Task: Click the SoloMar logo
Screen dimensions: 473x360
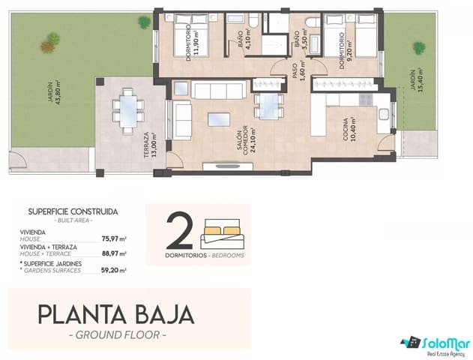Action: tap(436, 346)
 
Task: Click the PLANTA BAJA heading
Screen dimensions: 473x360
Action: tap(116, 315)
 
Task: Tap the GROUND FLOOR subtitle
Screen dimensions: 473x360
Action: tap(118, 334)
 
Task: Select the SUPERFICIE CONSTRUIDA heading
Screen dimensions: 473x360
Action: tap(73, 211)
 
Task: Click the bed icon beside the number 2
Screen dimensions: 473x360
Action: tap(223, 234)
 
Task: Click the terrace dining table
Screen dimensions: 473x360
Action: tap(128, 111)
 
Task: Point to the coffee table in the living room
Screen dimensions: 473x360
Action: tap(219, 119)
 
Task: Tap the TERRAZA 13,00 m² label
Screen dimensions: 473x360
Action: tap(150, 145)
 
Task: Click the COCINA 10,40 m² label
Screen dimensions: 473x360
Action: tap(349, 129)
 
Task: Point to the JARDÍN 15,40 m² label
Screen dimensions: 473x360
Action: tap(416, 80)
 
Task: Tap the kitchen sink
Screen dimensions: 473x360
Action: tap(384, 114)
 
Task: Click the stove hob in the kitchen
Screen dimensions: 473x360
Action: tap(366, 100)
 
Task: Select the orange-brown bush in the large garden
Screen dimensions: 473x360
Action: tap(47, 46)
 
